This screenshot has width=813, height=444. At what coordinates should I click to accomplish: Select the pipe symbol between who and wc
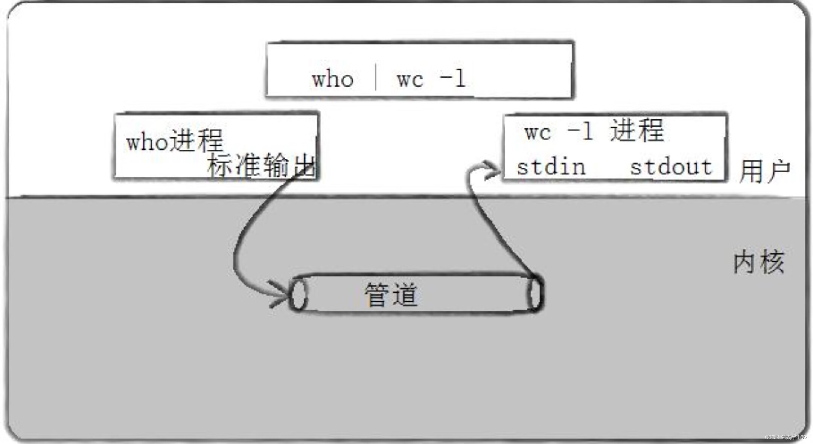(375, 77)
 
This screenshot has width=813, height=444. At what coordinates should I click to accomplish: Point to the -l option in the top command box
(453, 78)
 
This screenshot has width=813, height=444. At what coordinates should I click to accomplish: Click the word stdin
(551, 167)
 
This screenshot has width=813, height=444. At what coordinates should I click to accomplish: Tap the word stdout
(671, 167)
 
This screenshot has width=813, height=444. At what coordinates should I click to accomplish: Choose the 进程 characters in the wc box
(637, 131)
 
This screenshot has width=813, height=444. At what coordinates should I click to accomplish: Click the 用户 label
(764, 171)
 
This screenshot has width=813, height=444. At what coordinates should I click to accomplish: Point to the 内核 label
(759, 262)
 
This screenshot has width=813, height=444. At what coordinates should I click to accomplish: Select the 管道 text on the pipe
(391, 294)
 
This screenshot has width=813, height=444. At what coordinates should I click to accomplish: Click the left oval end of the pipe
(298, 294)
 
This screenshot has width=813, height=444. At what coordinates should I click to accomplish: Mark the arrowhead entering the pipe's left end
(280, 293)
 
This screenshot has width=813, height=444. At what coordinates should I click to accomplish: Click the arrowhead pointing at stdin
(491, 170)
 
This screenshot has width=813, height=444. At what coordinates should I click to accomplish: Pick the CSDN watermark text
(786, 437)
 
